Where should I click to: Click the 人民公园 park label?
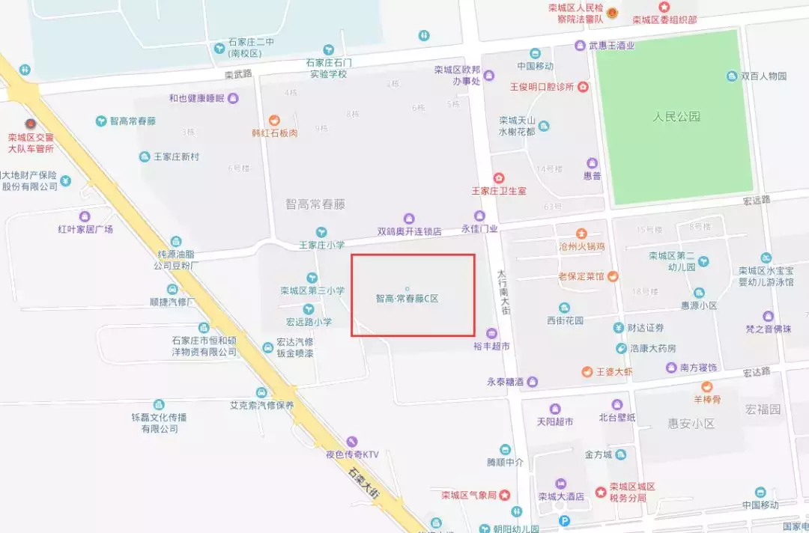676,117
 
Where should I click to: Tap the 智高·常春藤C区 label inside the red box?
407,298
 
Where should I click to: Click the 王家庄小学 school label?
321,245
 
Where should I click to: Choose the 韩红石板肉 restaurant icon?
275,120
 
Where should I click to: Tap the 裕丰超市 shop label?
491,346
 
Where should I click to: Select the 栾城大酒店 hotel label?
560,496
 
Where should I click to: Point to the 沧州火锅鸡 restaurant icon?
581,234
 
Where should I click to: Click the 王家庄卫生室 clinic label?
498,191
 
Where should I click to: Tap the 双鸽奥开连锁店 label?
409,231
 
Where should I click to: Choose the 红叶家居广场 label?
85,229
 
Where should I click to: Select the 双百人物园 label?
763,76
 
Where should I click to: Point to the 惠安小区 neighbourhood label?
691,424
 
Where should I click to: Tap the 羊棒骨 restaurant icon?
706,387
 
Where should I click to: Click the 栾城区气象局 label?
469,496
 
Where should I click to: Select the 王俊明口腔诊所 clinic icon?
584,87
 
